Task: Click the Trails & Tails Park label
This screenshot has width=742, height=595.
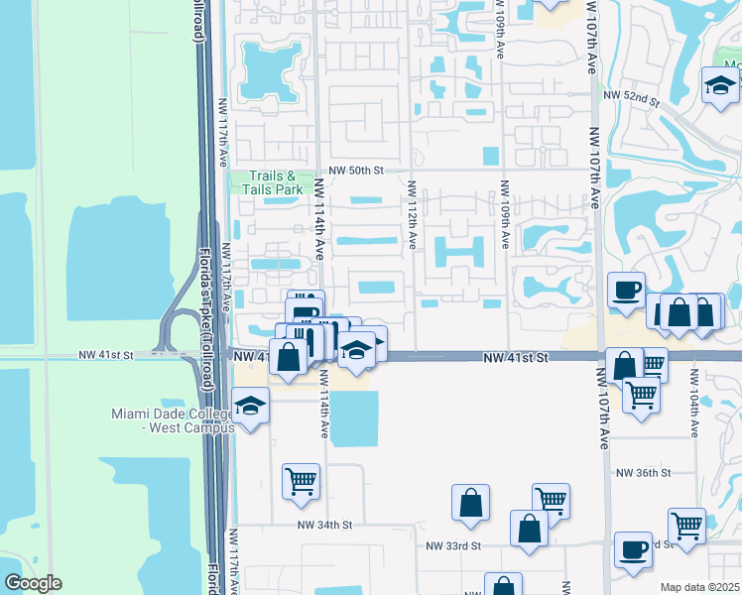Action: pyautogui.click(x=265, y=182)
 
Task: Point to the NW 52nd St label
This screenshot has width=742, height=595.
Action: pyautogui.click(x=635, y=100)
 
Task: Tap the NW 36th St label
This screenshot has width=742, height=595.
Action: pyautogui.click(x=642, y=473)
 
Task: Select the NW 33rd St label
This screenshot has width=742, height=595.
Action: pyautogui.click(x=453, y=545)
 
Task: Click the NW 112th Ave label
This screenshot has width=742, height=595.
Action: pyautogui.click(x=412, y=214)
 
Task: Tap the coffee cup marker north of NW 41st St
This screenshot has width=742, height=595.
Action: pyautogui.click(x=626, y=290)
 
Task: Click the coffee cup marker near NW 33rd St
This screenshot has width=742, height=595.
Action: pyautogui.click(x=632, y=550)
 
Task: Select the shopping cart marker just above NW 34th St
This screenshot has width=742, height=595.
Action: pyautogui.click(x=301, y=481)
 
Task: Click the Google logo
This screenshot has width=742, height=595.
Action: pyautogui.click(x=32, y=583)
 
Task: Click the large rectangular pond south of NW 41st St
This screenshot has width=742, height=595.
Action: pyautogui.click(x=353, y=417)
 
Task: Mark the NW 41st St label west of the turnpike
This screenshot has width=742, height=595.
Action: pyautogui.click(x=107, y=354)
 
